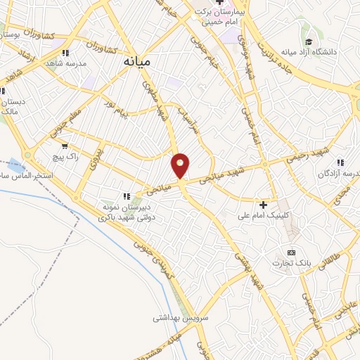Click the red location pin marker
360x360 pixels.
181,165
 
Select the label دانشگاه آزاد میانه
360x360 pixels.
309,52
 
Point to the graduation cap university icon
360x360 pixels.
306,41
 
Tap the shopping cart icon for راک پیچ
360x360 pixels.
65,146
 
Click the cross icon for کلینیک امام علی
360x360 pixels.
264,205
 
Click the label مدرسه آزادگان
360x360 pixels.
341,173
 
